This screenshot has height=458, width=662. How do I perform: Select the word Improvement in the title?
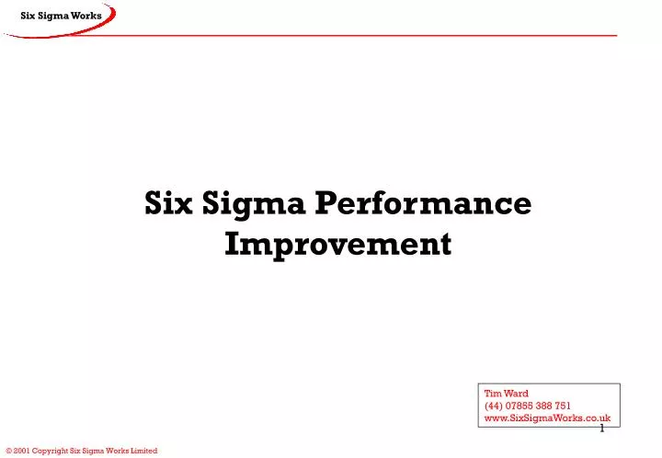pyautogui.click(x=337, y=245)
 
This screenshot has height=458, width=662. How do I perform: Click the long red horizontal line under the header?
pyautogui.click(x=368, y=35)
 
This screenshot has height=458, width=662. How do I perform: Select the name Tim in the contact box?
pyautogui.click(x=492, y=394)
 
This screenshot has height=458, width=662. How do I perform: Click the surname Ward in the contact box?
pyautogui.click(x=516, y=394)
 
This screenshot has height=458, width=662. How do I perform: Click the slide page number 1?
pyautogui.click(x=601, y=429)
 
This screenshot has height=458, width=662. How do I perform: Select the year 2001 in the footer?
pyautogui.click(x=23, y=451)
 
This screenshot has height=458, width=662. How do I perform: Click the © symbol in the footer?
pyautogui.click(x=8, y=451)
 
